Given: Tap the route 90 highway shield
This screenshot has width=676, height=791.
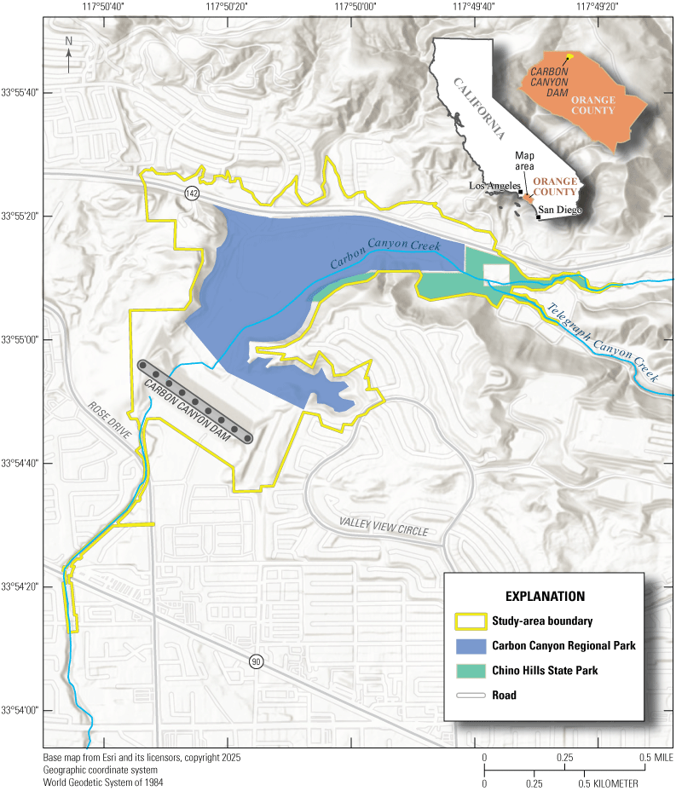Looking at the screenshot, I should click(256, 661).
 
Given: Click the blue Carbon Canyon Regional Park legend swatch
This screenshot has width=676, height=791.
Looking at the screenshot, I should click(471, 645).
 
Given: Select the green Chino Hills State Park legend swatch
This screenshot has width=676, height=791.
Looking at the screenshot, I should click(471, 670).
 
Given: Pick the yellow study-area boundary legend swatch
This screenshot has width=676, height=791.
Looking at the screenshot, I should click(471, 621).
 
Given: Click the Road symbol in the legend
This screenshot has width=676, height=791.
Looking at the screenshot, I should click(471, 695).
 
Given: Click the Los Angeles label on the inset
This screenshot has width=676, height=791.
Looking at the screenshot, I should click(494, 186).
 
